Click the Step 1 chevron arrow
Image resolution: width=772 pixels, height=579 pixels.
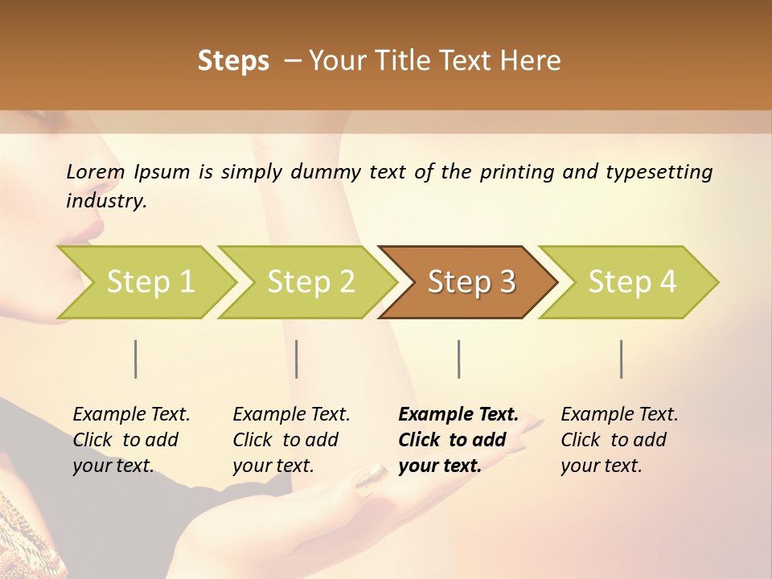click(150, 282)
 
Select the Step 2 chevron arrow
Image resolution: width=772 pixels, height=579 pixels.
click(310, 282)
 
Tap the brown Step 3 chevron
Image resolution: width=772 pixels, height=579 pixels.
click(471, 282)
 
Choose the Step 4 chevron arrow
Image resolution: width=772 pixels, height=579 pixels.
click(632, 282)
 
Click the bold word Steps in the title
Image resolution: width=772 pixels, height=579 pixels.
click(233, 61)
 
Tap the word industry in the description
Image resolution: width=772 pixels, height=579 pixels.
click(105, 200)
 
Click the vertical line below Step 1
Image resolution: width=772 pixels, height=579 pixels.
click(136, 359)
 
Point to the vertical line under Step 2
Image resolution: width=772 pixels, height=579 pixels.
click(297, 359)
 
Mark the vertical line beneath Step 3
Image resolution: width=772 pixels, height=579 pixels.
click(458, 359)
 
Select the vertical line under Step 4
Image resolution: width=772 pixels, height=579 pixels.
click(621, 359)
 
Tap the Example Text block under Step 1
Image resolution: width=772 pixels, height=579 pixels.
click(131, 439)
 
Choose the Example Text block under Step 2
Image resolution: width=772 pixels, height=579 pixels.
click(291, 439)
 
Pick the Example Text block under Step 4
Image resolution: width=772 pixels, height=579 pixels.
click(619, 439)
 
